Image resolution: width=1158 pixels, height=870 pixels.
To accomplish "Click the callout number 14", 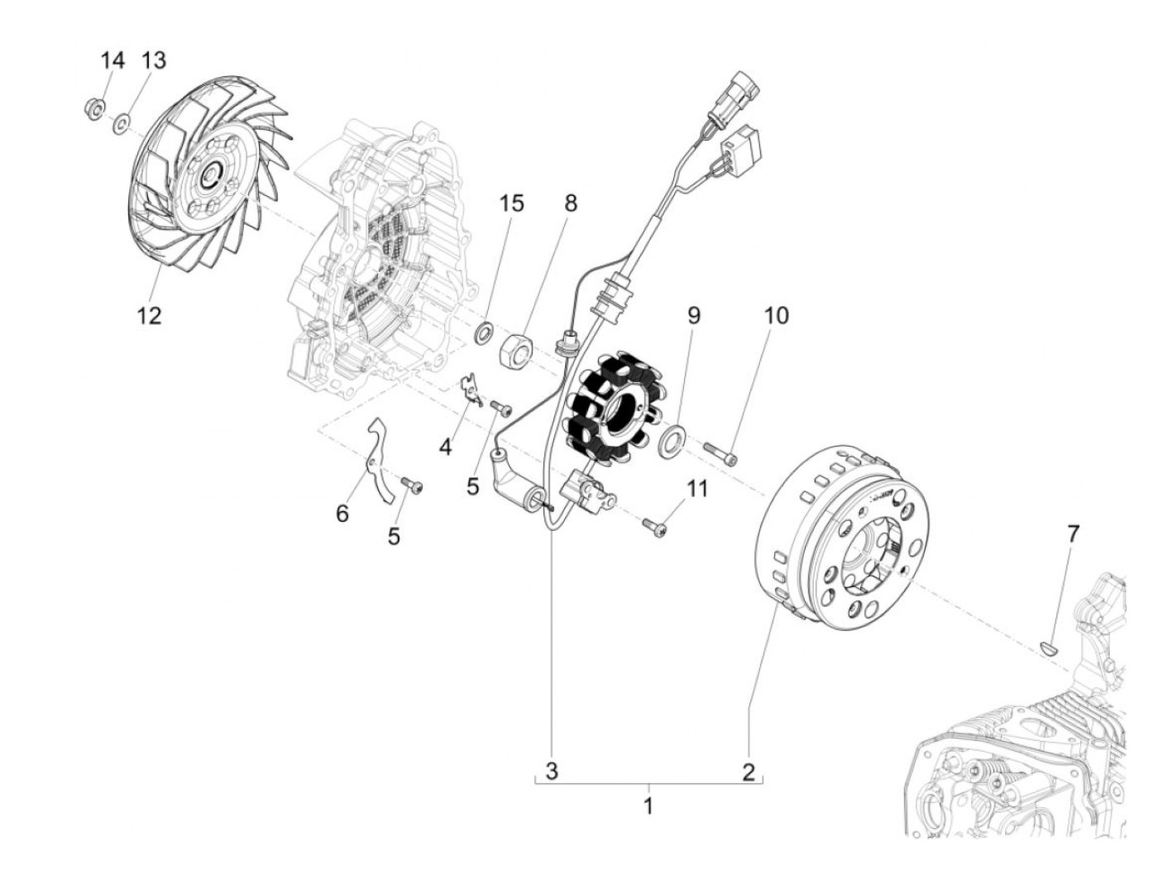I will point(112,60).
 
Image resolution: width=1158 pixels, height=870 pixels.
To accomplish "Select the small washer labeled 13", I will point(121,125).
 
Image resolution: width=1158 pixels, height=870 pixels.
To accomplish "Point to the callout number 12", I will point(150,315).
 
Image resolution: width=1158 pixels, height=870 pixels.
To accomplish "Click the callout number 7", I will point(1072,533).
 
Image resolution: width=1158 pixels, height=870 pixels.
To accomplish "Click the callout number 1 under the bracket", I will point(648,804).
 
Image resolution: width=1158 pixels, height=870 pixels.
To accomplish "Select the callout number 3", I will point(552,772).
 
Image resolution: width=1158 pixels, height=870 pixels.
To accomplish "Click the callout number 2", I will point(749,772).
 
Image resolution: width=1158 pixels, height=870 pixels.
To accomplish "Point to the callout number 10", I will point(776,315).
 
